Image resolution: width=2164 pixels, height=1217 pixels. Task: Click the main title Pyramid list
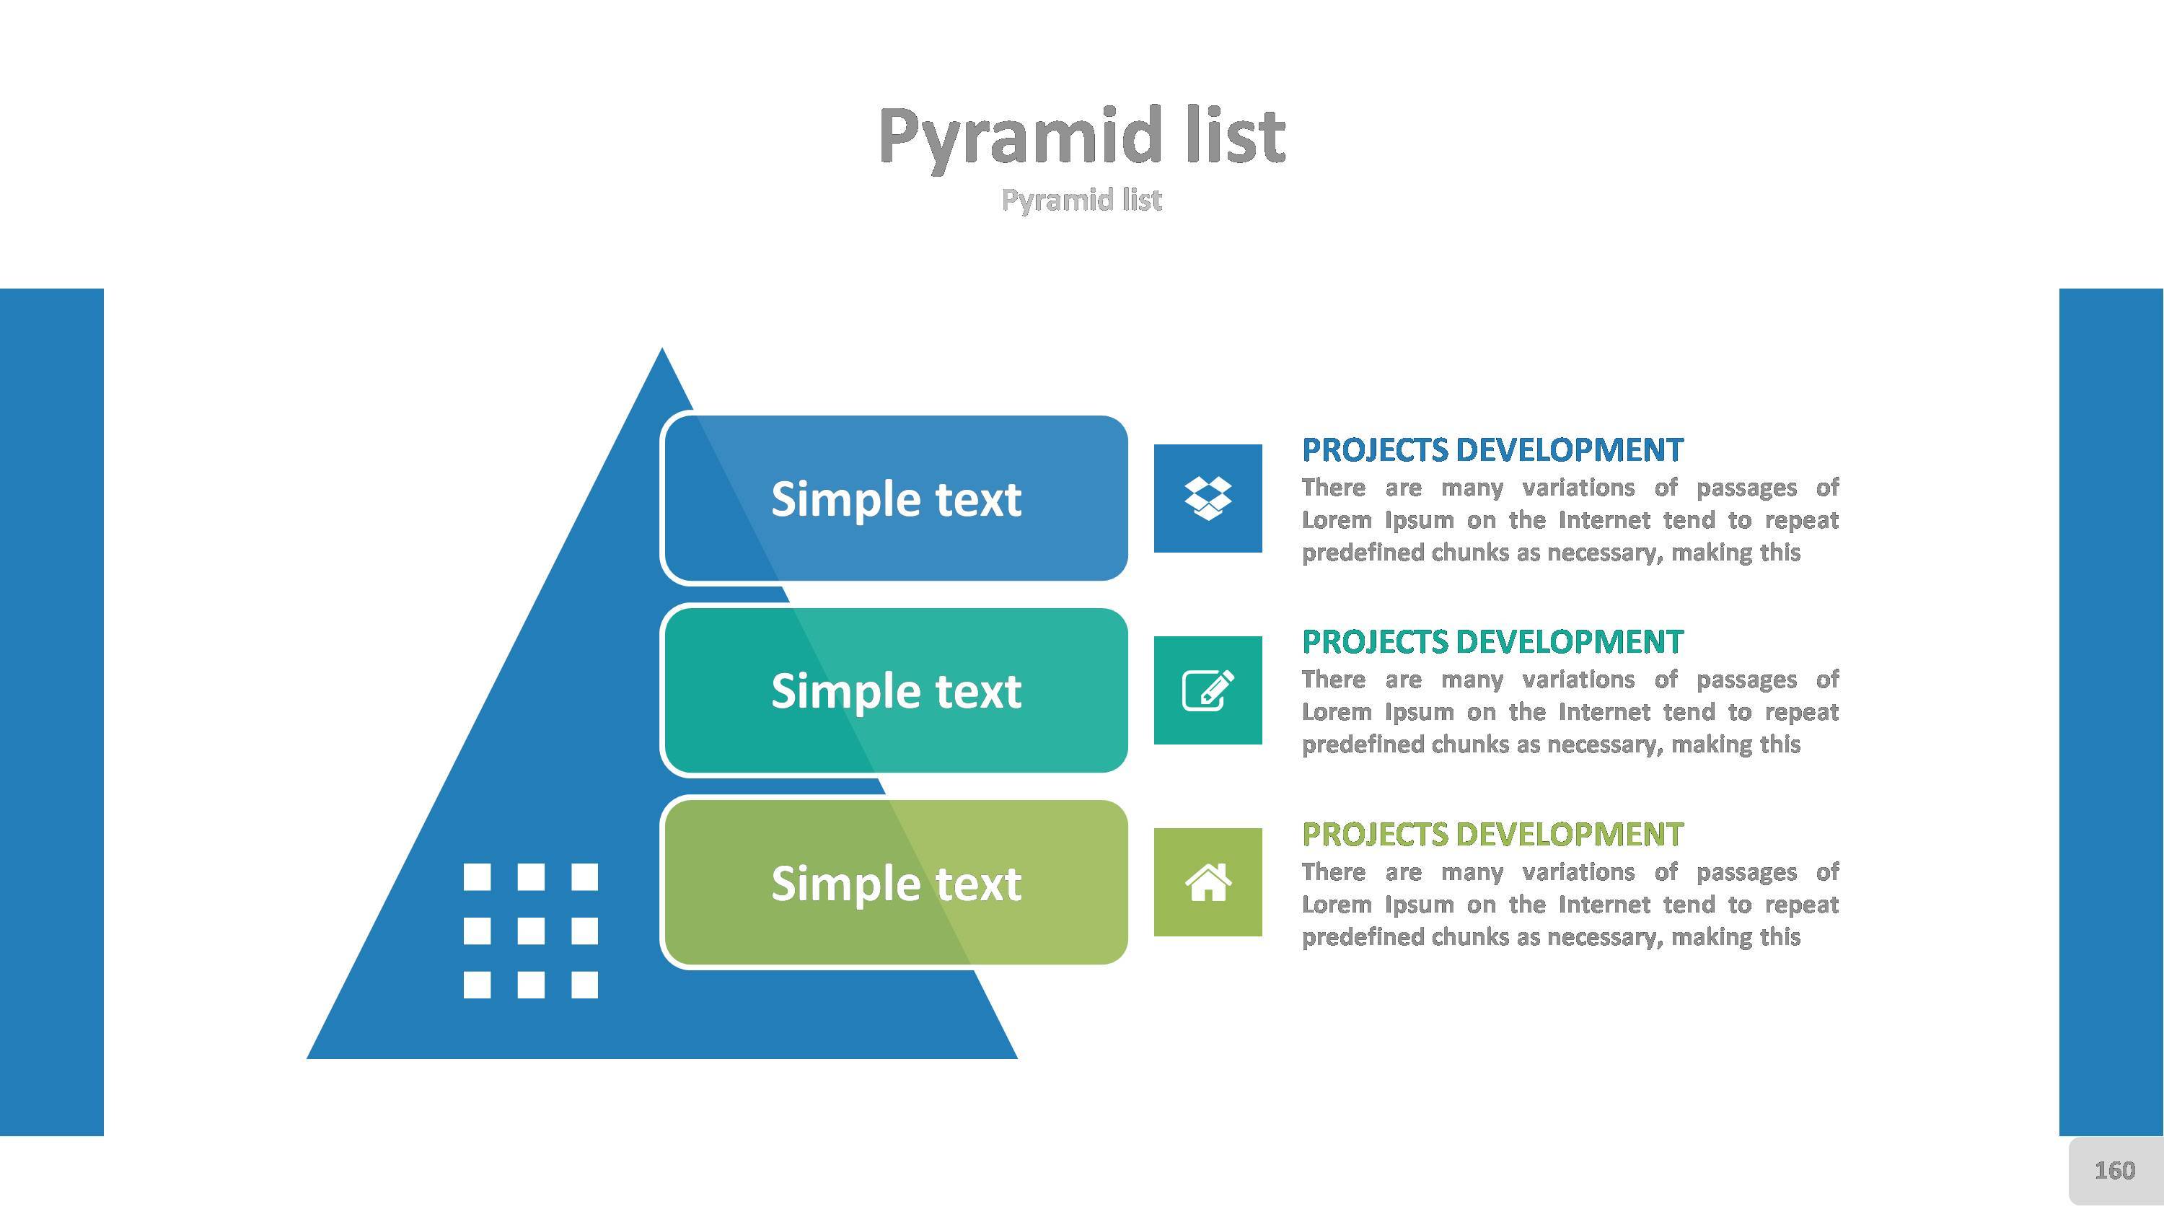click(x=1081, y=138)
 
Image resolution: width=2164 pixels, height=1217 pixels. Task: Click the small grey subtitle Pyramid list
click(x=1081, y=201)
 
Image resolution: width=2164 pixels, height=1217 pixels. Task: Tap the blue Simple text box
click(x=894, y=497)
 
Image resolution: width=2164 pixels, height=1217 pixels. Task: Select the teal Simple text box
click(x=894, y=690)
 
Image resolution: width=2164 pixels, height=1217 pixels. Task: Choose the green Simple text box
click(x=894, y=882)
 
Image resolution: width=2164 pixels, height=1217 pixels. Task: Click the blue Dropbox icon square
click(x=1208, y=498)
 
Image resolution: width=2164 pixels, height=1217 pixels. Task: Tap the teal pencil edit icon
click(x=1208, y=690)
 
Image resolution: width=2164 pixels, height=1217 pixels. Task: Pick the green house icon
click(x=1208, y=882)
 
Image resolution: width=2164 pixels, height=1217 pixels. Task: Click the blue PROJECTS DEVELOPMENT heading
click(x=1492, y=449)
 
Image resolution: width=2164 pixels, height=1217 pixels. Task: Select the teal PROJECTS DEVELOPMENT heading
click(x=1492, y=641)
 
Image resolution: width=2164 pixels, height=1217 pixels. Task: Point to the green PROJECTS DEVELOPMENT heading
click(x=1492, y=834)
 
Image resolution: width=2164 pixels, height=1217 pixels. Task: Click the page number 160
click(x=2114, y=1170)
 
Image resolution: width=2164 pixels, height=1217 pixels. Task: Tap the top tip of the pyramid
click(x=662, y=348)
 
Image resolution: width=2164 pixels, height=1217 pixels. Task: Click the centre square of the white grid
click(x=530, y=931)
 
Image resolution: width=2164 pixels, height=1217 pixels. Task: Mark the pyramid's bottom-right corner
click(x=1016, y=1058)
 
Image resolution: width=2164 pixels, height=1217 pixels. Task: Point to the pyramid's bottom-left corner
click(x=308, y=1058)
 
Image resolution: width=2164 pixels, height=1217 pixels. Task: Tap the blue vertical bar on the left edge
click(x=52, y=712)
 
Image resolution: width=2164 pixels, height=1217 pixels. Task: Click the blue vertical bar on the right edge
click(x=2111, y=712)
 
